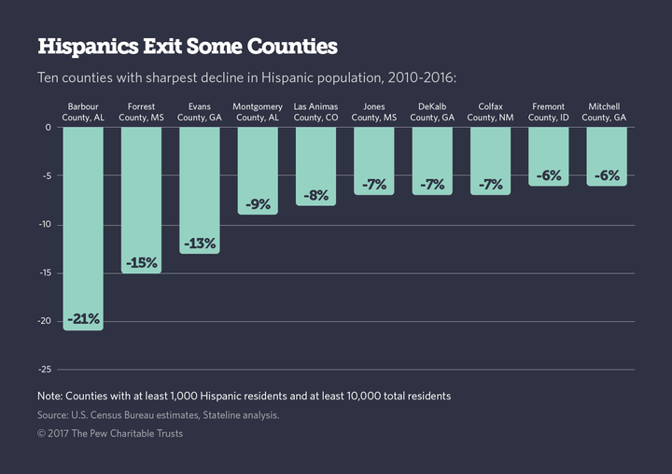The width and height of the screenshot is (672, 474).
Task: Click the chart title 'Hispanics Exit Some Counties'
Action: tap(188, 46)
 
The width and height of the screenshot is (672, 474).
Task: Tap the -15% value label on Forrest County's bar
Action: tap(142, 263)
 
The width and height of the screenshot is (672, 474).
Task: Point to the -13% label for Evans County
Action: tap(200, 244)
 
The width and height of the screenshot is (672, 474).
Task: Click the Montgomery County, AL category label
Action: tap(258, 112)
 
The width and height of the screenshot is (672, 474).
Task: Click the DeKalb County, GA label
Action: tap(432, 112)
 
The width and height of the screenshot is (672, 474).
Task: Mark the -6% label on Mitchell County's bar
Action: tap(607, 175)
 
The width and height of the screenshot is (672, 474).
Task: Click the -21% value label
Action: tap(83, 320)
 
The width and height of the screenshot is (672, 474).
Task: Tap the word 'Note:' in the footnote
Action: tap(52, 396)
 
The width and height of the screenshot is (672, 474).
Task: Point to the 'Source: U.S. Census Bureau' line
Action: tap(158, 414)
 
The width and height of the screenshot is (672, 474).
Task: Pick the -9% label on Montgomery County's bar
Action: tap(258, 204)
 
